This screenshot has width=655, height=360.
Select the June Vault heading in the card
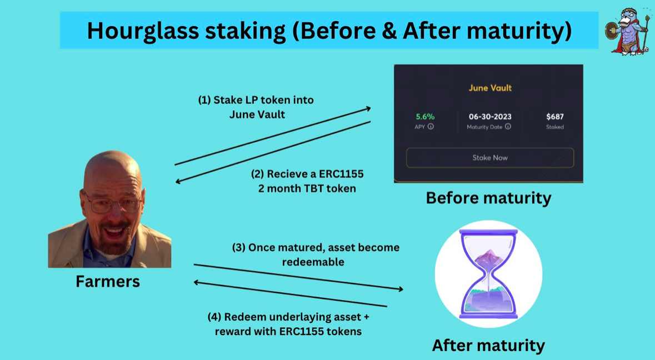tap(489, 88)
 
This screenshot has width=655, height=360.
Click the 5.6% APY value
tap(425, 117)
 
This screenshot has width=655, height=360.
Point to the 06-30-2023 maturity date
tap(489, 117)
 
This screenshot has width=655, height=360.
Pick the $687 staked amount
tap(554, 117)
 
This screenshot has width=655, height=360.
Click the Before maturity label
tap(488, 198)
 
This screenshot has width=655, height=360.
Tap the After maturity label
tap(488, 345)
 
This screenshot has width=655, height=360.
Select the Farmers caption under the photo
tap(108, 281)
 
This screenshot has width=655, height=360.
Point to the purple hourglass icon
tap(488, 274)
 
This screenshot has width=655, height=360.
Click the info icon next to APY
tap(431, 127)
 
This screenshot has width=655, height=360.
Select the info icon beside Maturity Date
tap(508, 127)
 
